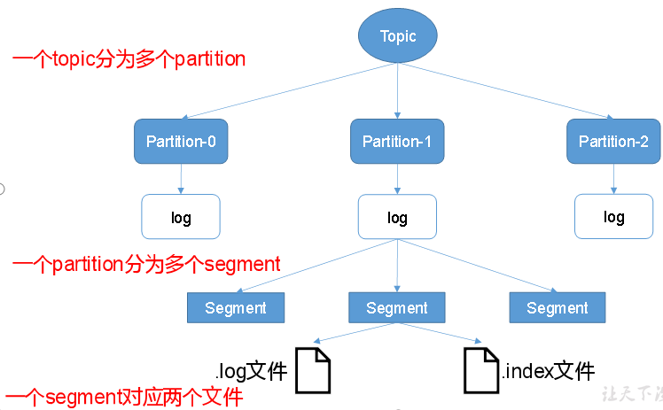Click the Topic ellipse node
(397, 36)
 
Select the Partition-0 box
(181, 142)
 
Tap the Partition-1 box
(397, 142)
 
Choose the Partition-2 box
(613, 142)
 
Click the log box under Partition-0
(181, 217)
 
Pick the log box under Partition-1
(397, 217)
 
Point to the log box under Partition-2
(613, 217)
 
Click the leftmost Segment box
(236, 307)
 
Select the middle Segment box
(397, 307)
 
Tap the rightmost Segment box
(558, 307)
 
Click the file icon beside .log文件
(312, 370)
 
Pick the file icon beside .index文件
(481, 370)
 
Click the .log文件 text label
(251, 370)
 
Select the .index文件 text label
(548, 370)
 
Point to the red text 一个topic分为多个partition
(129, 59)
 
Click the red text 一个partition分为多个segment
(146, 263)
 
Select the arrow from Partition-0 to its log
(181, 179)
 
